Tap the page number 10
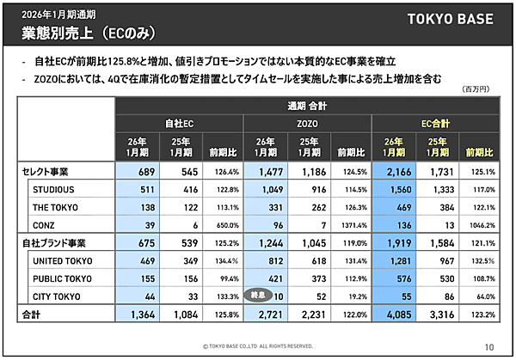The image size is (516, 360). (488, 347)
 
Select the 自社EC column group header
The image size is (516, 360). (180, 123)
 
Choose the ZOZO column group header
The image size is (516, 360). (306, 123)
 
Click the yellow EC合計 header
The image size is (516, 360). (434, 123)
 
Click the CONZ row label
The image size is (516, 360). (45, 224)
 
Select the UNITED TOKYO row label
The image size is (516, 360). (62, 260)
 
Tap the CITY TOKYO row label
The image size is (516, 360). (57, 296)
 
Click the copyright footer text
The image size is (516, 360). (258, 347)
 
